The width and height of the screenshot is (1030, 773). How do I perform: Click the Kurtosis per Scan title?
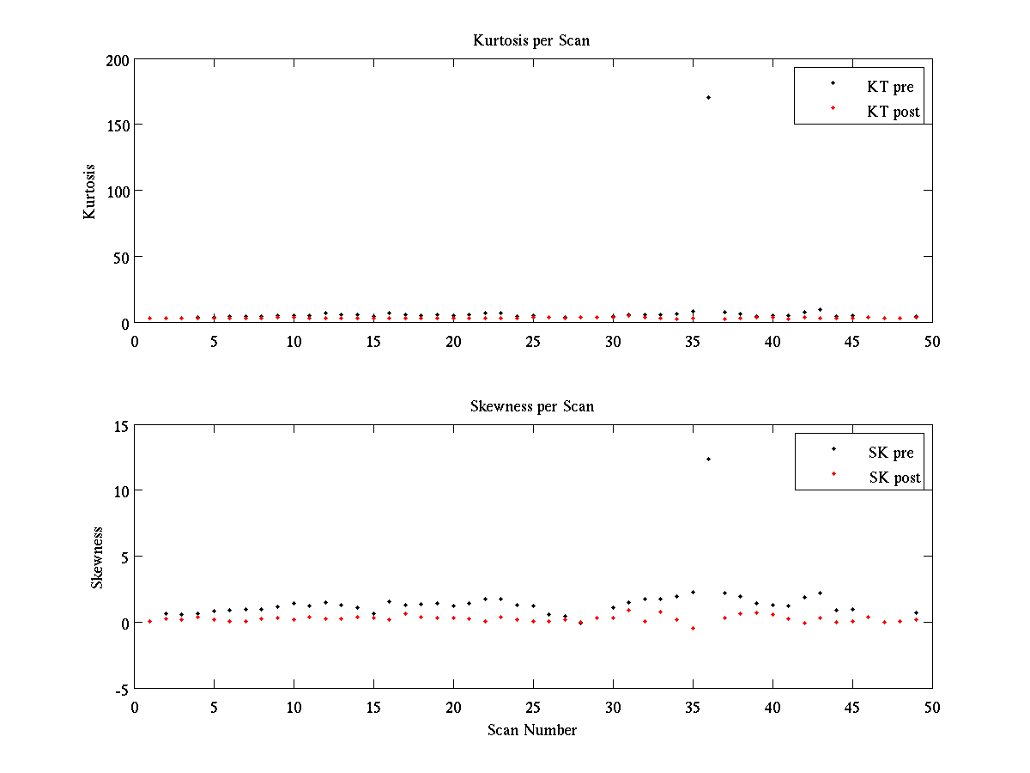click(x=531, y=40)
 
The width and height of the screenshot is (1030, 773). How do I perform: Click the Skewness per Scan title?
click(x=531, y=406)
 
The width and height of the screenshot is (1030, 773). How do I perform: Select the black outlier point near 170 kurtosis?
click(x=708, y=97)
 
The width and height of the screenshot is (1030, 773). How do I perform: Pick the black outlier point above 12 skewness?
click(x=708, y=460)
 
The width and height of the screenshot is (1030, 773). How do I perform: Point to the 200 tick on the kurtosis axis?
click(x=118, y=60)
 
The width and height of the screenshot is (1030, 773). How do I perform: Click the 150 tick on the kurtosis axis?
click(x=118, y=125)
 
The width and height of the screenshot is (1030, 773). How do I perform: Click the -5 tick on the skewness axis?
click(x=120, y=689)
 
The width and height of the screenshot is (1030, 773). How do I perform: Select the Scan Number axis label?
click(x=531, y=730)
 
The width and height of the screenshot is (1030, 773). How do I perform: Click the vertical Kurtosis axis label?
click(x=90, y=191)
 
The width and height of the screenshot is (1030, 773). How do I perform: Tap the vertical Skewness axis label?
click(x=98, y=557)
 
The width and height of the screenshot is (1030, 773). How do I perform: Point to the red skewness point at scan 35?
click(x=693, y=628)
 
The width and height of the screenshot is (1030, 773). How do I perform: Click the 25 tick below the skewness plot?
click(x=533, y=707)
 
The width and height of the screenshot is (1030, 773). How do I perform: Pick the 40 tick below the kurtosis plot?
click(x=772, y=341)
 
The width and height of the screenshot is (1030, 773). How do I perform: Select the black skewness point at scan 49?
click(x=916, y=612)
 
